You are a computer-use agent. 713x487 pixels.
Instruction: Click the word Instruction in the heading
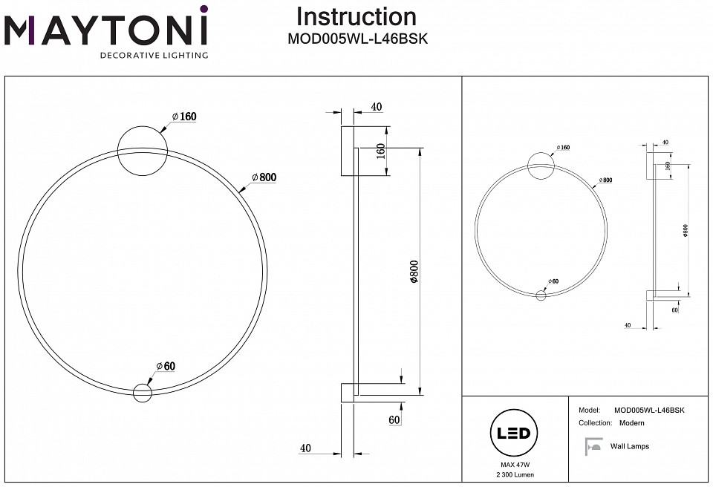(x=356, y=16)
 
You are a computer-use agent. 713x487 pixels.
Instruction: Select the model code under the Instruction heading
(x=356, y=40)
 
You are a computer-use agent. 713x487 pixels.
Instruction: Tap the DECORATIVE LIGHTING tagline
(x=154, y=55)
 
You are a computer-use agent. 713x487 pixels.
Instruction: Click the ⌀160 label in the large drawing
(x=183, y=117)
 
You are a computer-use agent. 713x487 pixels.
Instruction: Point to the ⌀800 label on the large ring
(x=264, y=177)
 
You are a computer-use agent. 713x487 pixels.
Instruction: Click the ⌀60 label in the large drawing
(x=165, y=365)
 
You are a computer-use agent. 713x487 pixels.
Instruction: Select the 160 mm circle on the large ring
(x=142, y=151)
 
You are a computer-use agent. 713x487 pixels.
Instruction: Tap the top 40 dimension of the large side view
(x=376, y=107)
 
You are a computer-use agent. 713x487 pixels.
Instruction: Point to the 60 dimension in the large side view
(x=394, y=420)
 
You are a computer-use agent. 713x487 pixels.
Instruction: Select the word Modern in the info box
(x=631, y=422)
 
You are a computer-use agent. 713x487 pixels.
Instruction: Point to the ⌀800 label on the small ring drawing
(x=606, y=180)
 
